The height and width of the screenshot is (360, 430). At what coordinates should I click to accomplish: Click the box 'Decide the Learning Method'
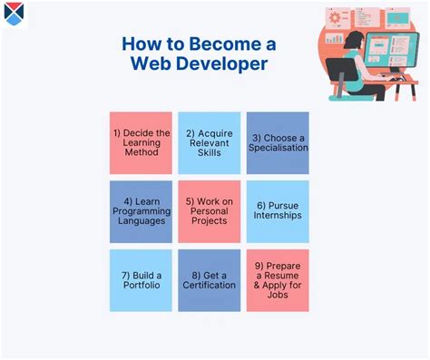141,143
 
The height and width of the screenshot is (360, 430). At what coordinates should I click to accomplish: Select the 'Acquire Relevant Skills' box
209,143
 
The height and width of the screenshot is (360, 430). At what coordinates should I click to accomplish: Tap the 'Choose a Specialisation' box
278,143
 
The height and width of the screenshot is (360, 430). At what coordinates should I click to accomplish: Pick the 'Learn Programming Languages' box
141,212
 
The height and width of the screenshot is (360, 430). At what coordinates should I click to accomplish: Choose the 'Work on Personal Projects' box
209,212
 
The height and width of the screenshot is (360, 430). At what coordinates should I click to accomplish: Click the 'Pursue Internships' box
278,212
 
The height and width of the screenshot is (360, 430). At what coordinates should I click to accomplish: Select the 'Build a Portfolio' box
141,280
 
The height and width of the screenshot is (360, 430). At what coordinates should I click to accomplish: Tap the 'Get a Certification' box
209,280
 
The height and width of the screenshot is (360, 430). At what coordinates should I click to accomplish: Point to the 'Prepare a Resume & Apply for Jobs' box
278,280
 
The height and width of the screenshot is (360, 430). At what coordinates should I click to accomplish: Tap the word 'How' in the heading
142,44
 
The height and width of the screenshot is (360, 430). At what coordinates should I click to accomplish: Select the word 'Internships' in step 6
278,219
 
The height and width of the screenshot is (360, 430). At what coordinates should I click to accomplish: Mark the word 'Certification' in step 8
209,287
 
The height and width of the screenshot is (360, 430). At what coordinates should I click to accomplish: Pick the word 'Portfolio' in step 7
141,287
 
